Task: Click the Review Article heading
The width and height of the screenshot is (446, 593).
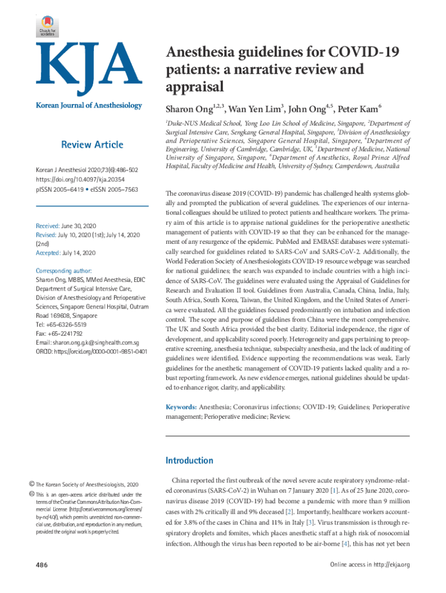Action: [93, 145]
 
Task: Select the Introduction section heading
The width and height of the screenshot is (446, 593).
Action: [189, 460]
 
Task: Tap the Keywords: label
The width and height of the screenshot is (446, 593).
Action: [181, 408]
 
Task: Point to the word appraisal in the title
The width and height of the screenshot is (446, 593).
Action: [194, 87]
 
